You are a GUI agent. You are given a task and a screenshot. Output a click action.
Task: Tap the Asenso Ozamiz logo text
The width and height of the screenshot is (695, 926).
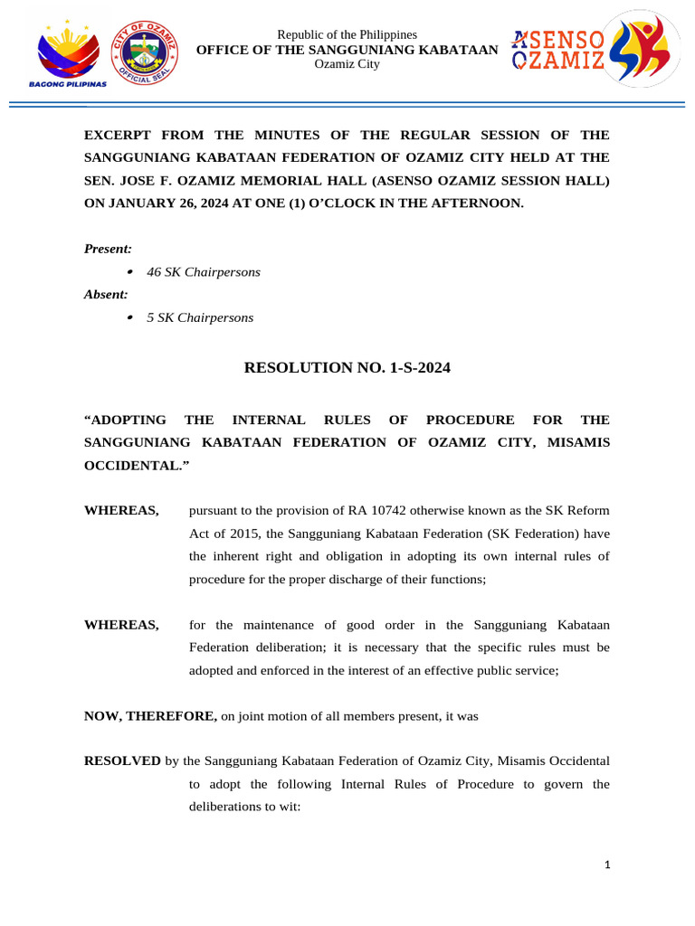[558, 50]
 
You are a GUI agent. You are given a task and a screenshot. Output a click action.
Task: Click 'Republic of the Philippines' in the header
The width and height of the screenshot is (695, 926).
[347, 34]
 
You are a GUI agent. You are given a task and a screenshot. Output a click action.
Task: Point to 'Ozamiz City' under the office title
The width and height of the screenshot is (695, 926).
[347, 63]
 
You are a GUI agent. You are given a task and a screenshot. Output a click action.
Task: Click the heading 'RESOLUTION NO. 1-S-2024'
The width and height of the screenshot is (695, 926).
[347, 368]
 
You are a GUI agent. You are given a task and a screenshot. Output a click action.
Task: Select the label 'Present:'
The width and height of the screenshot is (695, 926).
[108, 249]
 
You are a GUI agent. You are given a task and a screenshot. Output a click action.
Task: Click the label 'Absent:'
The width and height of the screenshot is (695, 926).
[106, 295]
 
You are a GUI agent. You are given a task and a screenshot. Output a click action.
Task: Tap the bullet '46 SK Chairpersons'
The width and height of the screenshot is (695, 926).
[203, 272]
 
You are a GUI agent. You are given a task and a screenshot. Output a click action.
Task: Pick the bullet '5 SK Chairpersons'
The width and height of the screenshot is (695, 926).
[199, 318]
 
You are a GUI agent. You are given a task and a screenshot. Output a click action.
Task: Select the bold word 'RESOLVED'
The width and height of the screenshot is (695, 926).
[122, 761]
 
